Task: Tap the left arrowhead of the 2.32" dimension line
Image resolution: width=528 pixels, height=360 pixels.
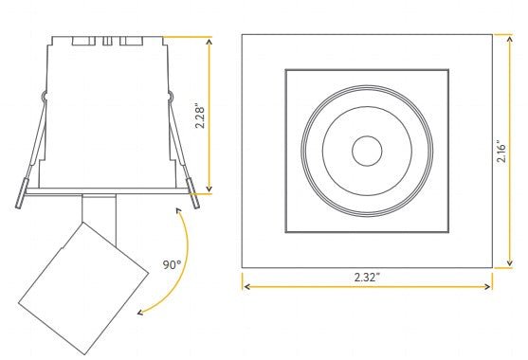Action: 246,284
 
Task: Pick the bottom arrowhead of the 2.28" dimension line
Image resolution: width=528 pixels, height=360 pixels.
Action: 209,189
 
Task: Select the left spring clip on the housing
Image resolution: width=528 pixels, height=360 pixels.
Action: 28,152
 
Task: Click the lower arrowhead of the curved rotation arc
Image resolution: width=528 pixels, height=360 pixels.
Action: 138,310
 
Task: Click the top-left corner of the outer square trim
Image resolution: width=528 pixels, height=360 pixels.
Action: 243,35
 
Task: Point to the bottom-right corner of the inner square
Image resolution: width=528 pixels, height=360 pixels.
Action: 447,231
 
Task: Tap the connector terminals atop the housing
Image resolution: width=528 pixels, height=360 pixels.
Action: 106,42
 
